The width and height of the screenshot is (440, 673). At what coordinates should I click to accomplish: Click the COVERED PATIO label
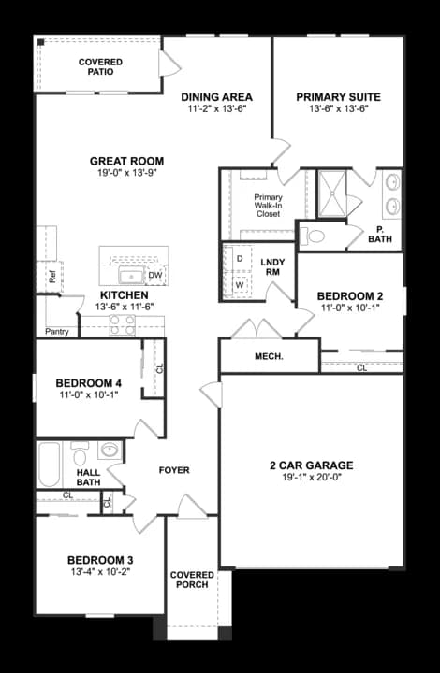[99, 66]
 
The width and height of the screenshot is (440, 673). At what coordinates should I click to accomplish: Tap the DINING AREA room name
[217, 96]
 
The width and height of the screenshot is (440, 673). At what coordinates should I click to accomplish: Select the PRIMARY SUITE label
[337, 96]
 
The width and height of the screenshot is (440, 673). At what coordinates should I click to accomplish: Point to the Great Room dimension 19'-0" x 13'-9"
[126, 174]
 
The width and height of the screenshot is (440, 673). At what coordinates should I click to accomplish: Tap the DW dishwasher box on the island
[155, 275]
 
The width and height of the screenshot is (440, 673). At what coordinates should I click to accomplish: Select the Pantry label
[56, 331]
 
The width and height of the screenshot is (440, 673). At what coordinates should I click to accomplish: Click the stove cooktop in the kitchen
[124, 325]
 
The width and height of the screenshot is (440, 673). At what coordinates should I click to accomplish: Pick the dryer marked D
[240, 257]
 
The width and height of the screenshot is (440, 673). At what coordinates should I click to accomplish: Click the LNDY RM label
[273, 265]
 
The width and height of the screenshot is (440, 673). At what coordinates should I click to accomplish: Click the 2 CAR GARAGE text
[311, 465]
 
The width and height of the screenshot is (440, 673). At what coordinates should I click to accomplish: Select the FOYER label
[173, 470]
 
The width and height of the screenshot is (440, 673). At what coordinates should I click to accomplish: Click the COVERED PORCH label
[191, 580]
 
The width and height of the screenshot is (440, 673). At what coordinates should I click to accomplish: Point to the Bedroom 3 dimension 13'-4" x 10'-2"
[99, 570]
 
